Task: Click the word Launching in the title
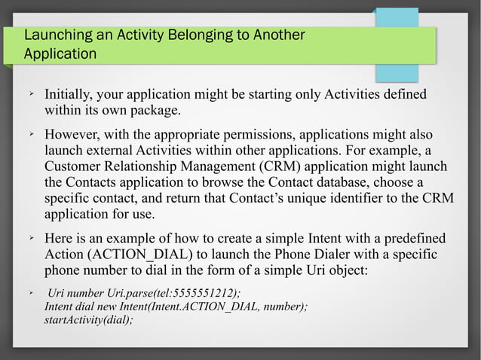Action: [x=56, y=35]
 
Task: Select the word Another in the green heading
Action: [x=280, y=35]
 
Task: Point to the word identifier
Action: [x=326, y=198]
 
